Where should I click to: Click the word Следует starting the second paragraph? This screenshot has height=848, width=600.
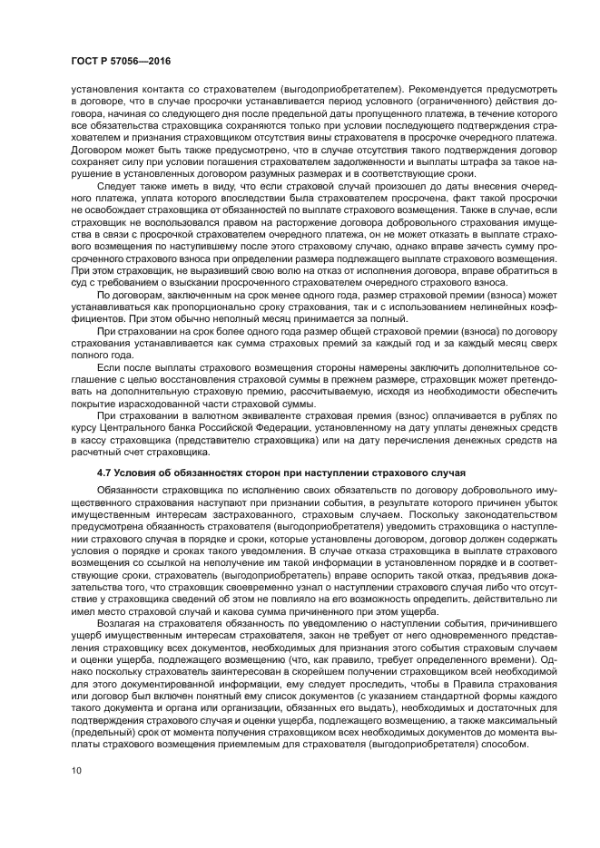tap(119, 185)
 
